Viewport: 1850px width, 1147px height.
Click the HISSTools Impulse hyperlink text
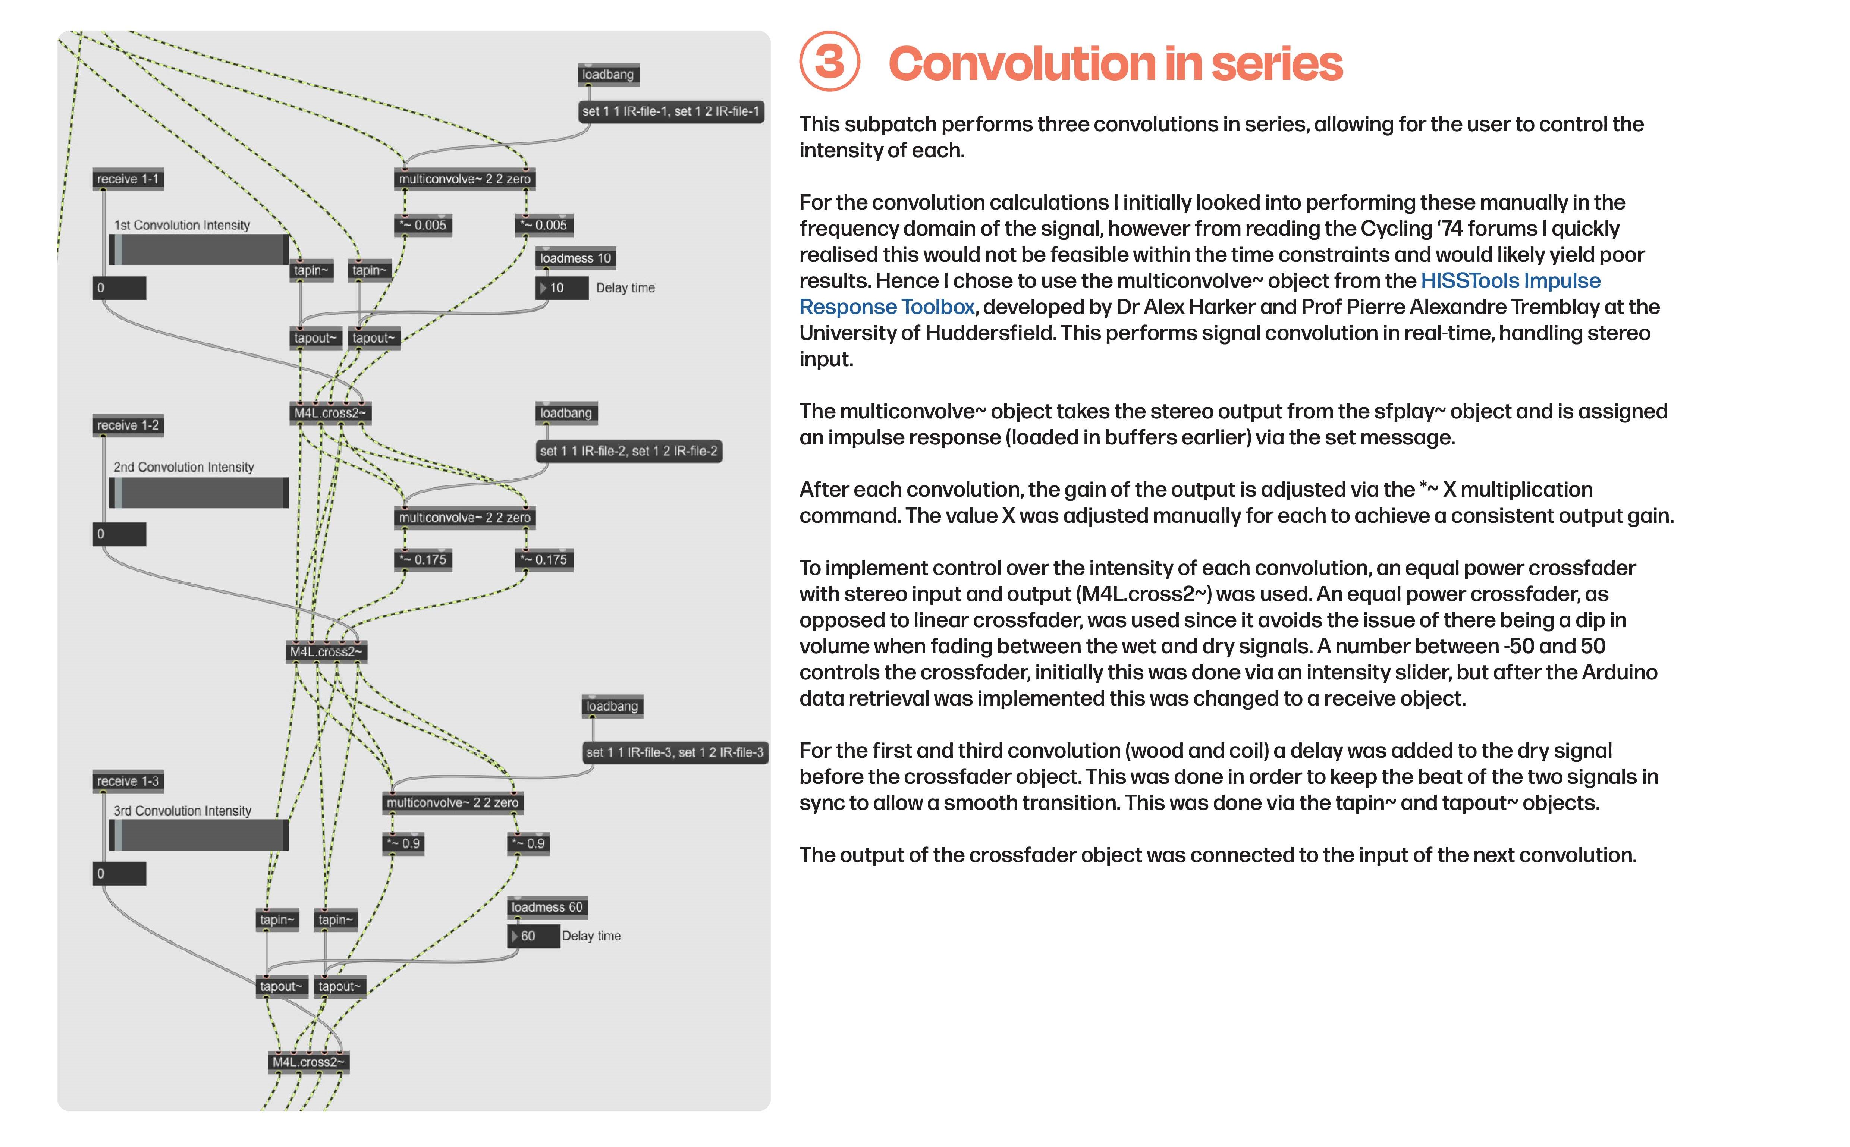pos(1510,281)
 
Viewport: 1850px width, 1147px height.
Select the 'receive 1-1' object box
pos(128,179)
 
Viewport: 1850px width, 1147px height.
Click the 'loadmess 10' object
pos(575,258)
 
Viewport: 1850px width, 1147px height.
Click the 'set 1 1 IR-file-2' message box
pos(628,450)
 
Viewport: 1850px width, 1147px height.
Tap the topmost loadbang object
pos(607,74)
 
